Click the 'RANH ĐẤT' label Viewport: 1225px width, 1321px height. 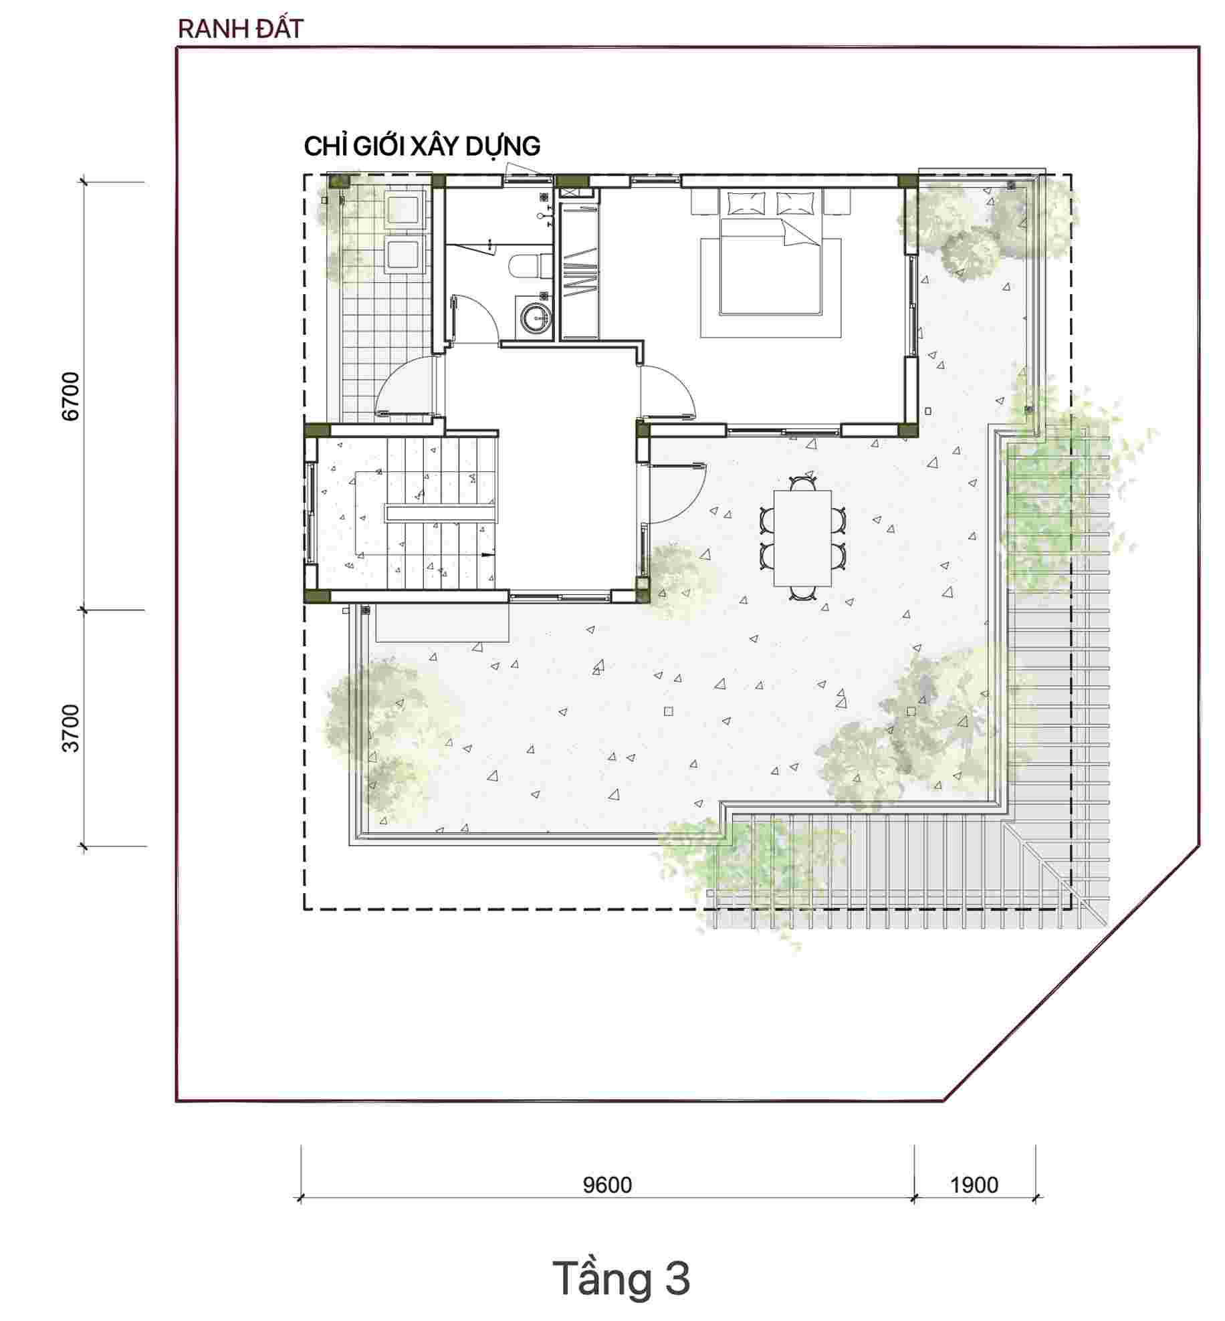click(x=241, y=29)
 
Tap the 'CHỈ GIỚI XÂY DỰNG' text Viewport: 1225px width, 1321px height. click(x=422, y=146)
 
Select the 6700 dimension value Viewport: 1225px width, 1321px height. click(x=70, y=396)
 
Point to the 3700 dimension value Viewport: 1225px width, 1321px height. click(x=70, y=728)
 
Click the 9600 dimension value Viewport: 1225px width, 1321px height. click(x=607, y=1185)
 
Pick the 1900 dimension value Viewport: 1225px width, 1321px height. click(x=974, y=1185)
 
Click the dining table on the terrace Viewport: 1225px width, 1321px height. click(x=802, y=538)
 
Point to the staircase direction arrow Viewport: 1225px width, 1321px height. click(x=487, y=555)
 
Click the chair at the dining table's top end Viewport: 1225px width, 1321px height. click(x=802, y=483)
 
